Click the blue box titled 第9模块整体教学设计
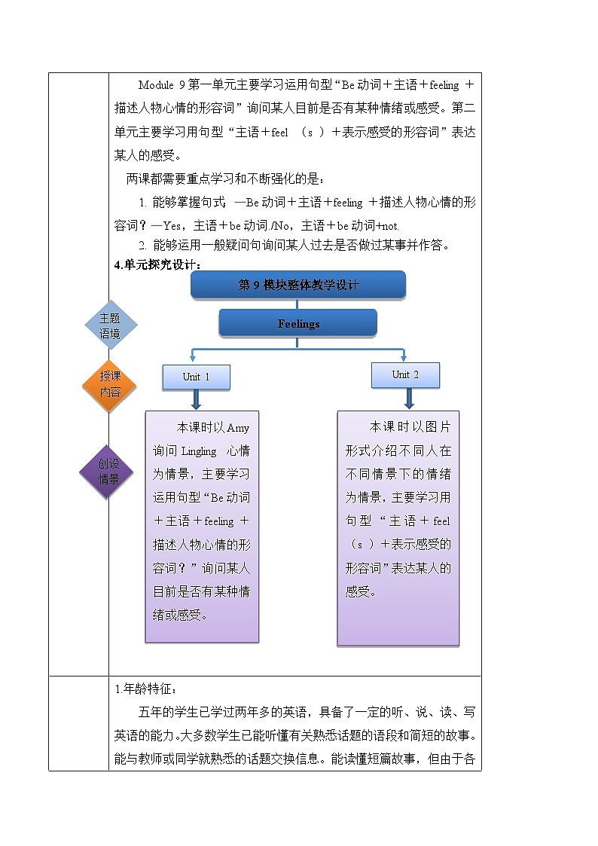coord(298,285)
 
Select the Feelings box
coord(298,323)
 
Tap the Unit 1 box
coord(196,377)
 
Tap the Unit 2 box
coord(405,374)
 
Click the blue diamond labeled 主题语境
coord(110,326)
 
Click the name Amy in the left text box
coord(237,428)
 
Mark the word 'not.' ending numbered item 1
coord(392,225)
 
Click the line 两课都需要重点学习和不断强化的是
coord(226,179)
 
